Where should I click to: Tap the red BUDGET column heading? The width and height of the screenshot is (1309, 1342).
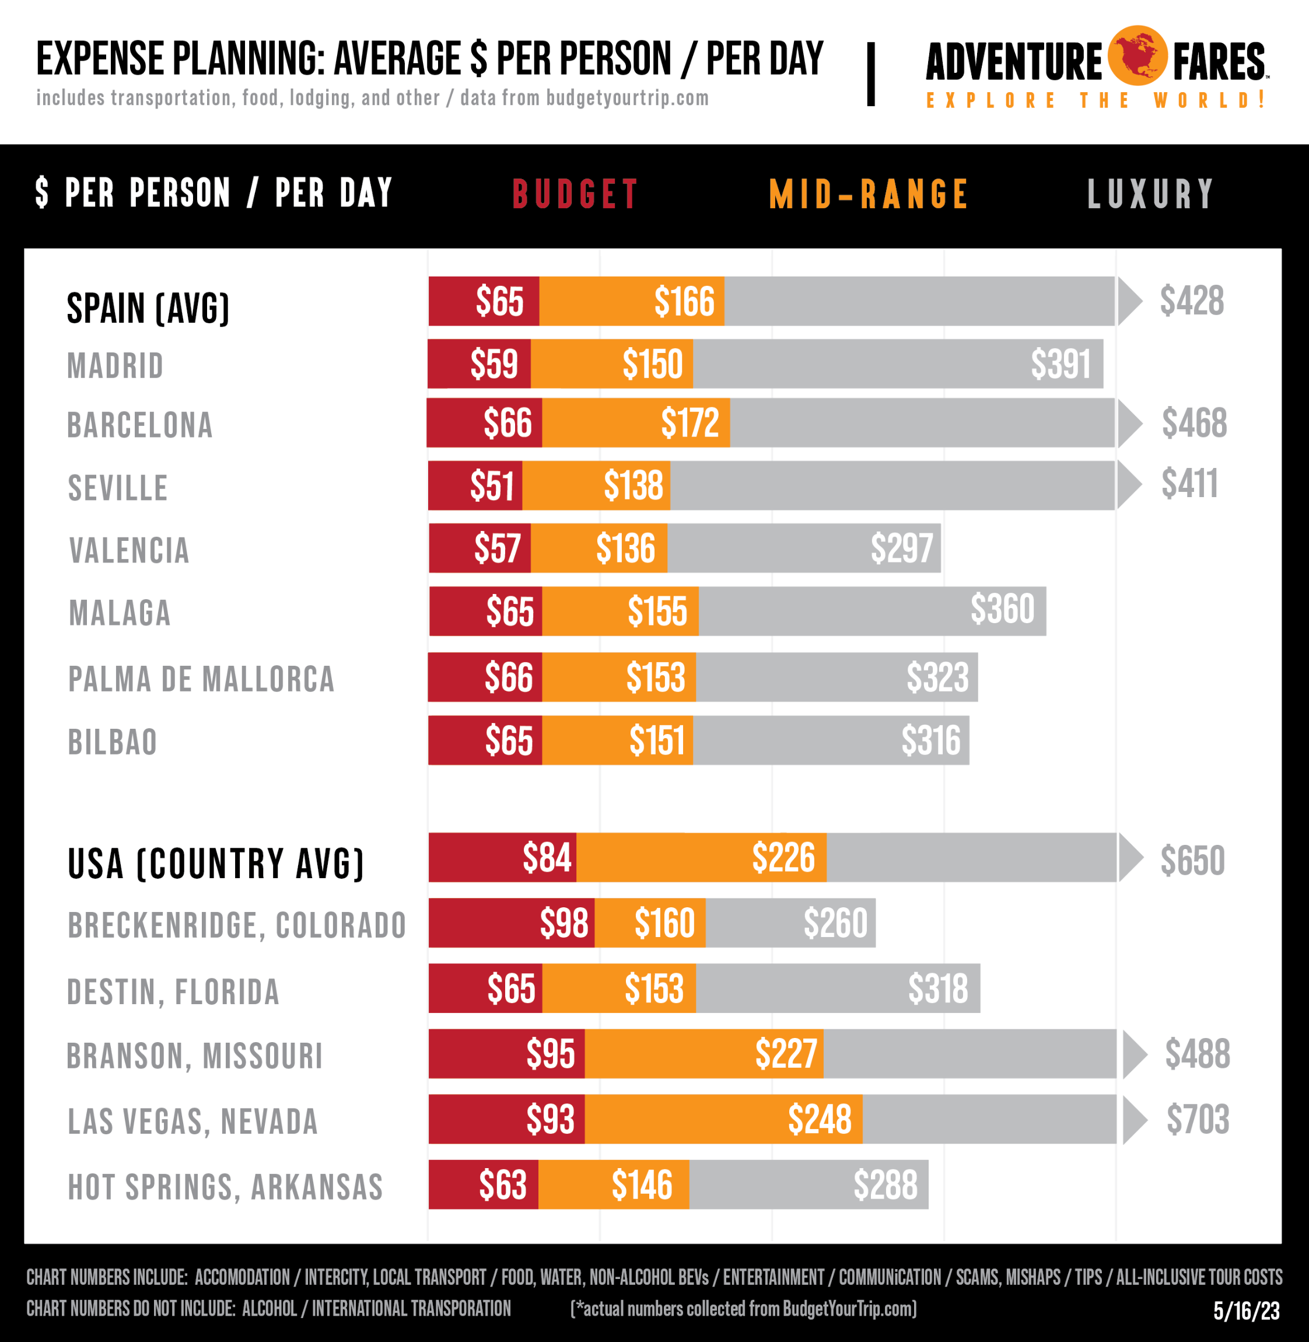tap(575, 194)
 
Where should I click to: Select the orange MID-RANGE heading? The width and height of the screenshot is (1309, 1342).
tap(869, 194)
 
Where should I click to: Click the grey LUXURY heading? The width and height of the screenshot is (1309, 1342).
tap(1150, 194)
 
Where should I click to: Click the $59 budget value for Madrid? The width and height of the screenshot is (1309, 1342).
tap(494, 364)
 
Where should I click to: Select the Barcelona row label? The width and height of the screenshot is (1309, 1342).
tap(140, 425)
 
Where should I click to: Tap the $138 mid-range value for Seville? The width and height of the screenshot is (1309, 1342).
tap(633, 485)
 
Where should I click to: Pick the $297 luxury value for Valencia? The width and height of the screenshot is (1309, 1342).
tap(901, 548)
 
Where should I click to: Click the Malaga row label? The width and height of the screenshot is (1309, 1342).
tap(120, 613)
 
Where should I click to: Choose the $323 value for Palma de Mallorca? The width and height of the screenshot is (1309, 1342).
tap(937, 678)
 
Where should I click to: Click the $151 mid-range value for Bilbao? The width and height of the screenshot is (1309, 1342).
tap(657, 741)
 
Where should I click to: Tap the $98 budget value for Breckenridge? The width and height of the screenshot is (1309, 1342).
tap(563, 923)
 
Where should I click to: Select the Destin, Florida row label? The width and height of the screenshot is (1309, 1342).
tap(173, 992)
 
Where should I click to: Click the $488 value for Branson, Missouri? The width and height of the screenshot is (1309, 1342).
tap(1197, 1054)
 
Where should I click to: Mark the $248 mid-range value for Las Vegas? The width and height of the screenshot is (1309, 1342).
tap(820, 1120)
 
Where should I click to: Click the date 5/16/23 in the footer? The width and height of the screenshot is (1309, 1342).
tap(1246, 1311)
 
